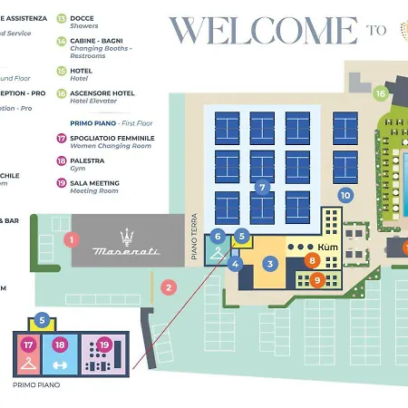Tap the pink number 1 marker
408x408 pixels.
tap(73, 239)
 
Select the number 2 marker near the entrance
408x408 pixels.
tap(168, 287)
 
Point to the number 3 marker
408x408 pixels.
tap(270, 264)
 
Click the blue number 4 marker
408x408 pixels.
tap(236, 264)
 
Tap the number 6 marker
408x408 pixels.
tap(218, 236)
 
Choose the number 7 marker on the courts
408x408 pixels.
tap(262, 188)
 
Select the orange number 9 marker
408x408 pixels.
tap(316, 280)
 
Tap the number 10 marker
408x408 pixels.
tap(345, 194)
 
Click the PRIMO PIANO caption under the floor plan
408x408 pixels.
tap(36, 384)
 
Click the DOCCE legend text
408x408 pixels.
tap(83, 17)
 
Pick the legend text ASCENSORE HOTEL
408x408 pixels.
tap(103, 92)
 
